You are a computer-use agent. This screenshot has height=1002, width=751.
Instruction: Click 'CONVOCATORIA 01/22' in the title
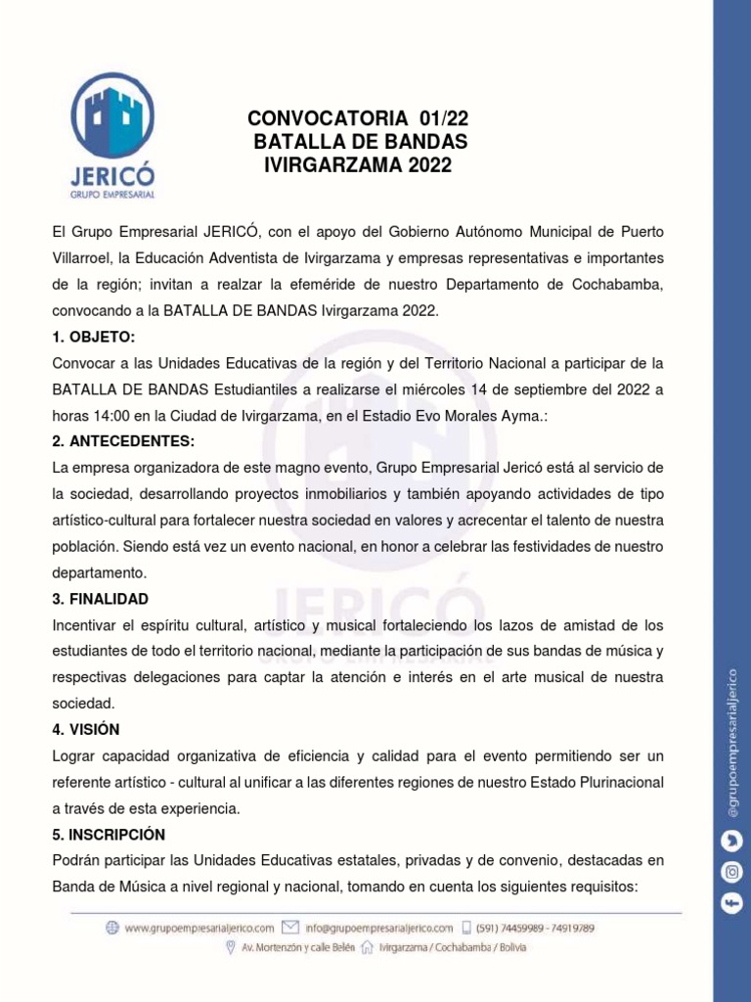[x=358, y=119]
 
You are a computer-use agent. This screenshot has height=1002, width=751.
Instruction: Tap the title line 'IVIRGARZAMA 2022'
[x=358, y=165]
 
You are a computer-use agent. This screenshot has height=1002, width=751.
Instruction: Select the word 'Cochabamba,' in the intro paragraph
[x=616, y=285]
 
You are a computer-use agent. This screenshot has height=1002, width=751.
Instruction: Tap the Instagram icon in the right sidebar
[x=730, y=871]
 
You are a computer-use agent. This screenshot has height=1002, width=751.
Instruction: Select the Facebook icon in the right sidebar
[x=730, y=904]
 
